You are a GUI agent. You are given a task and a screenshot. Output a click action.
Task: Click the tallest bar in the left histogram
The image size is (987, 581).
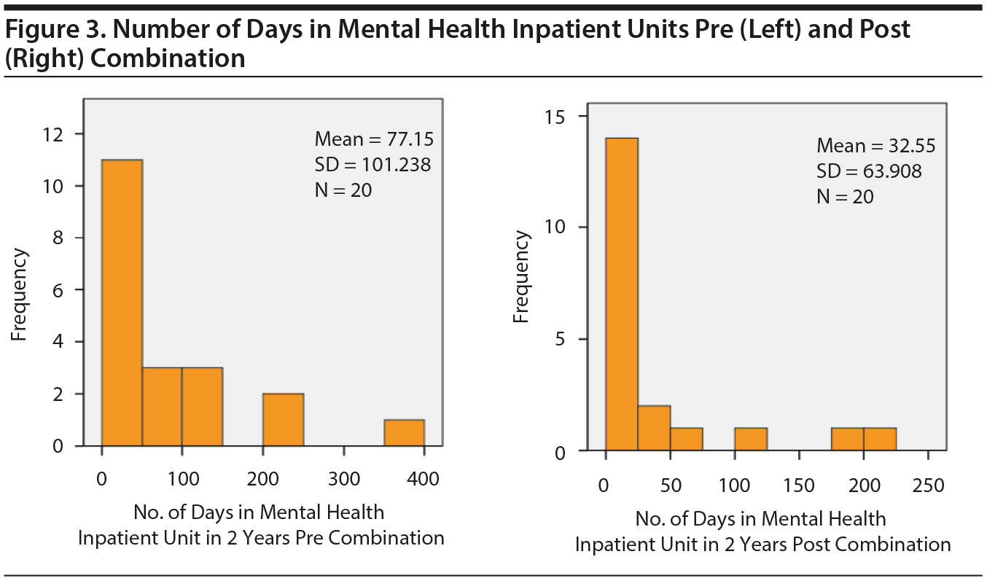click(122, 303)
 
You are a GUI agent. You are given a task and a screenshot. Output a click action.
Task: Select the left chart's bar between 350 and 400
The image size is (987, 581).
click(404, 432)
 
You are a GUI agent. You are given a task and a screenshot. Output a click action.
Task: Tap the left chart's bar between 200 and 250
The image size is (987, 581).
click(283, 419)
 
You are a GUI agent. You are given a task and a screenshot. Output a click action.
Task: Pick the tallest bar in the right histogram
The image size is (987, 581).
click(622, 295)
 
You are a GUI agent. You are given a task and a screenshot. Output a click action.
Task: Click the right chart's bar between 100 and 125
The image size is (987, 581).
click(751, 440)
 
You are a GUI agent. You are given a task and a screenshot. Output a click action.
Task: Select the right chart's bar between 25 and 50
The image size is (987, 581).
click(654, 429)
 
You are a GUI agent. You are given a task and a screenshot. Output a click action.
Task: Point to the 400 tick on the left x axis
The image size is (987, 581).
click(424, 480)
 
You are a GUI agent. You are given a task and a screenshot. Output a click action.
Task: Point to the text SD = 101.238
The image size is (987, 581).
click(372, 165)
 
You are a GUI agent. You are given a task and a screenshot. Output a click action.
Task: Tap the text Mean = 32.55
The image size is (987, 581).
click(875, 145)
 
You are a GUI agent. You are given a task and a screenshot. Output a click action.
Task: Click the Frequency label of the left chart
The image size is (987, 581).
click(20, 295)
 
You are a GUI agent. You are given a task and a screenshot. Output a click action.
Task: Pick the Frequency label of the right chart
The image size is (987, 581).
click(521, 277)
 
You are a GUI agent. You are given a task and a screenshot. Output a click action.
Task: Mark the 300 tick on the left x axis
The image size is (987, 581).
click(343, 480)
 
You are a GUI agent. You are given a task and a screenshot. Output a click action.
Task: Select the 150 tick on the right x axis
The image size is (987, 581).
click(800, 486)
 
